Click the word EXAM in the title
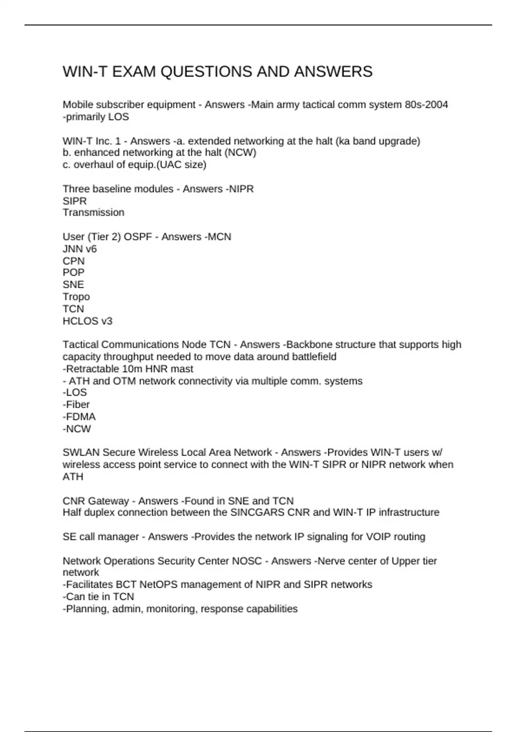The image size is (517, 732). [x=134, y=71]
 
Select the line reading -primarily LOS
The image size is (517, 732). [x=96, y=117]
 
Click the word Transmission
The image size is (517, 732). [x=93, y=212]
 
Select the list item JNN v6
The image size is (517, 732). [x=80, y=249]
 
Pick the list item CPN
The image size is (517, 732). [x=74, y=261]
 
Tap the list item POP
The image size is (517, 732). [x=74, y=273]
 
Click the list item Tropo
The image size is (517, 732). [x=76, y=297]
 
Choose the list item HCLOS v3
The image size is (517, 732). [x=87, y=321]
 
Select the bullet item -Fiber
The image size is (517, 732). [x=76, y=404]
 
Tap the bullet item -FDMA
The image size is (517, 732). [x=79, y=417]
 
